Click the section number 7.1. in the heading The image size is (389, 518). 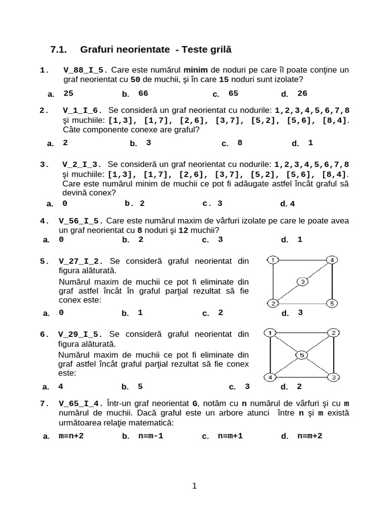tap(59, 50)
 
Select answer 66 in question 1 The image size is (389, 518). tap(143, 93)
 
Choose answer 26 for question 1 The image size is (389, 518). tap(302, 93)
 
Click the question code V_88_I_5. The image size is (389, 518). tap(86, 70)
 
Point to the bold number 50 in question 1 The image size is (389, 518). tap(135, 79)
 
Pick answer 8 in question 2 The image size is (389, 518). tap(240, 143)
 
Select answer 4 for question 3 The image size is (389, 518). tap(292, 204)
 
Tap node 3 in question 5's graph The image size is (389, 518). tap(302, 282)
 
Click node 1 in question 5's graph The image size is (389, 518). tap(273, 260)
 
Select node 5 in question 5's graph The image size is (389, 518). tap(331, 304)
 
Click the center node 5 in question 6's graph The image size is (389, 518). tap(301, 355)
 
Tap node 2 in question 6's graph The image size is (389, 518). tap(333, 333)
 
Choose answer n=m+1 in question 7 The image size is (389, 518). tap(230, 436)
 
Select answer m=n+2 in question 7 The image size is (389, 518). tap(71, 436)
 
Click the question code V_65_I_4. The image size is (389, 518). tap(81, 403)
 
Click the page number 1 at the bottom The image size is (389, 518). tap(194, 486)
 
